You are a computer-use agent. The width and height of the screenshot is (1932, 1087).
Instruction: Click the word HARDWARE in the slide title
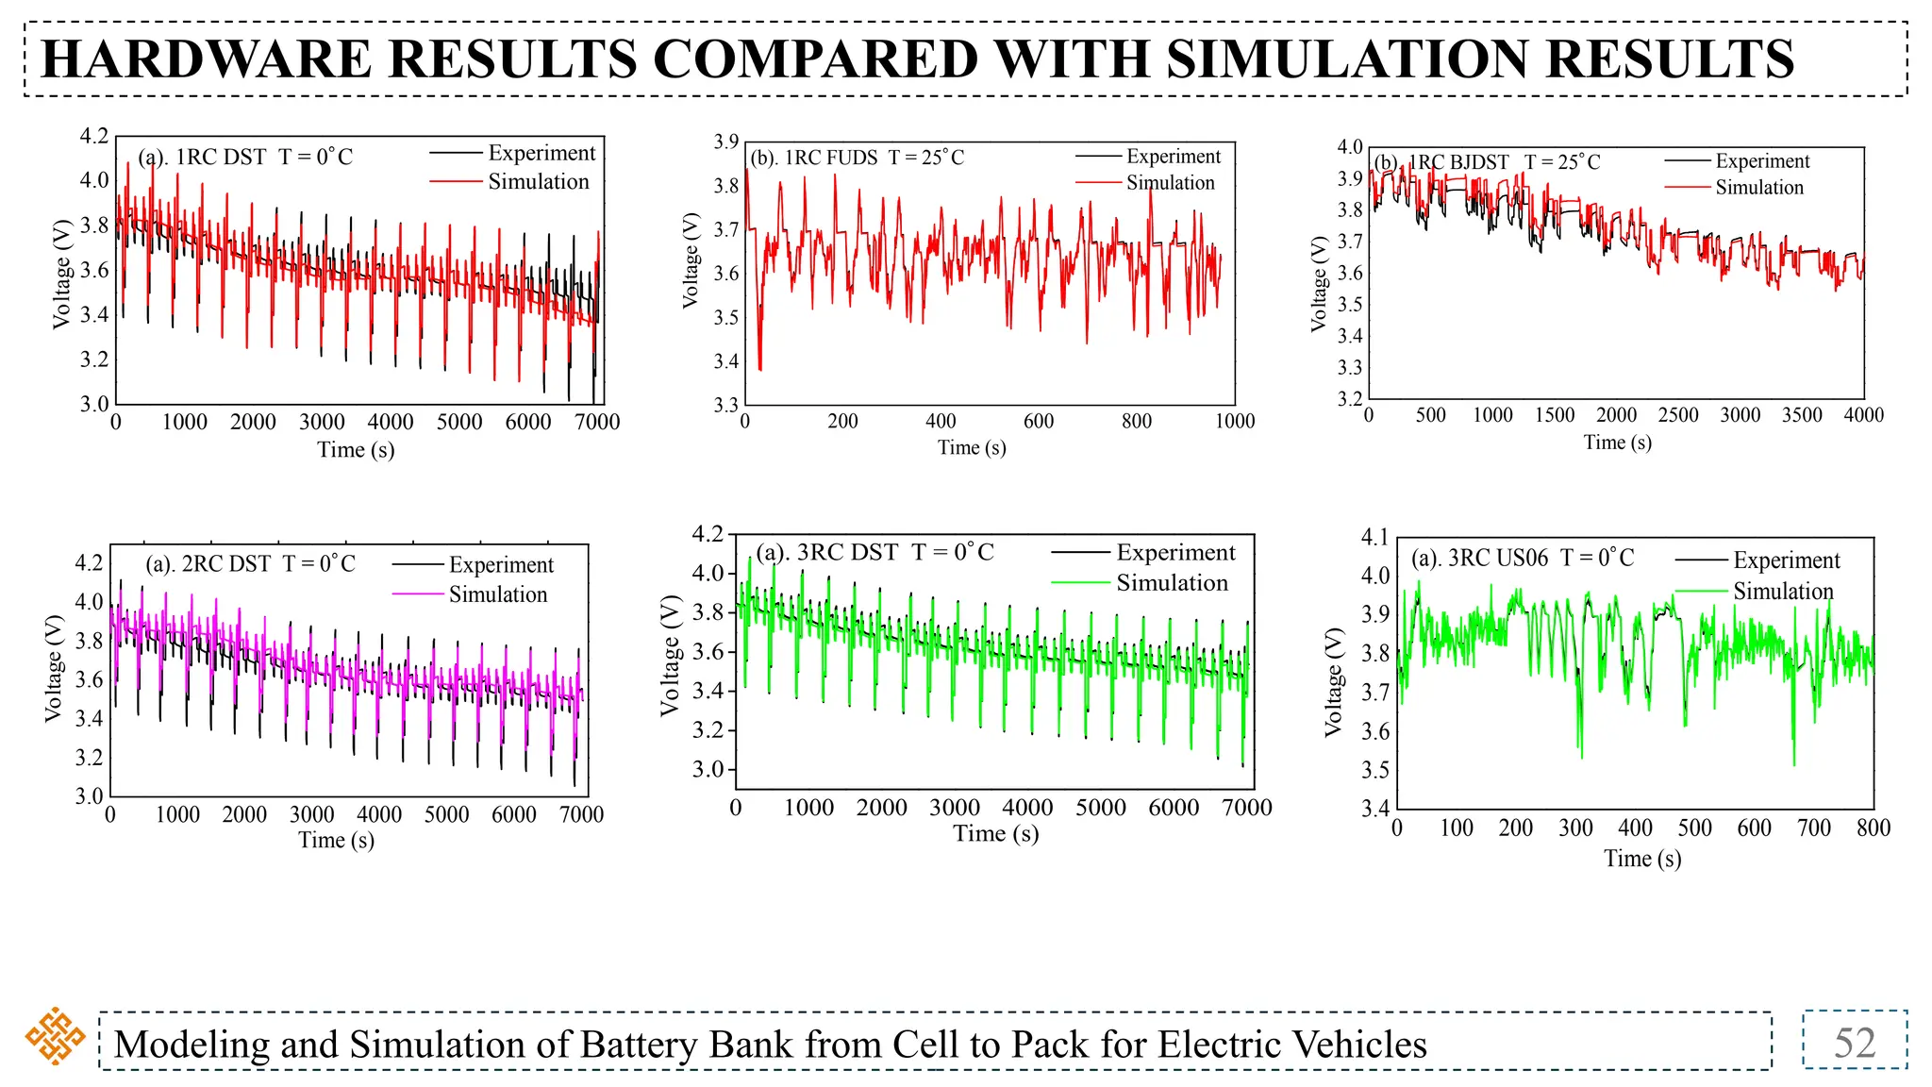(207, 59)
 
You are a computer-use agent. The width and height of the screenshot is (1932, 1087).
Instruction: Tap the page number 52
(1854, 1043)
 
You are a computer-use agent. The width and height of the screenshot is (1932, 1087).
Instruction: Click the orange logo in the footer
(55, 1036)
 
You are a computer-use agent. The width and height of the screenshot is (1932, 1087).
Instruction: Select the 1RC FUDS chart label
(857, 158)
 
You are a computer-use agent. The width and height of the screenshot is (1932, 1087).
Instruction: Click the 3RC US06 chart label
(1522, 558)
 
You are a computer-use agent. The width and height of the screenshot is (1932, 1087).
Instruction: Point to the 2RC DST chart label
(250, 564)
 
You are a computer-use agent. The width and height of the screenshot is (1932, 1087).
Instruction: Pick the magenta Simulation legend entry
(497, 594)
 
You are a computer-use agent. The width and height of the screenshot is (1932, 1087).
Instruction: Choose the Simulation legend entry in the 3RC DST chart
(1172, 583)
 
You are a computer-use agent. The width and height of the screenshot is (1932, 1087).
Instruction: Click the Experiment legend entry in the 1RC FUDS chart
(1173, 157)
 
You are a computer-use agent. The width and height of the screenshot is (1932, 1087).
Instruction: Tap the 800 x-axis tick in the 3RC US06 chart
(1873, 828)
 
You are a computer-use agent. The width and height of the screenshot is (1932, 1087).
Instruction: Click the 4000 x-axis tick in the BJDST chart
(1863, 415)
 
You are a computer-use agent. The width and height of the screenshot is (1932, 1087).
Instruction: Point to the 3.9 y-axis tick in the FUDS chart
(725, 142)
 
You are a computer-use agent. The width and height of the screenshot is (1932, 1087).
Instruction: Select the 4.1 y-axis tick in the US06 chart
(1375, 537)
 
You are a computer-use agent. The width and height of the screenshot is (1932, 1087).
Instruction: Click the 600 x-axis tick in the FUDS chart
(1038, 422)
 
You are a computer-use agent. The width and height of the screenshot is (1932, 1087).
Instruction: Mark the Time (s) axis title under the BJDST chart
(1617, 443)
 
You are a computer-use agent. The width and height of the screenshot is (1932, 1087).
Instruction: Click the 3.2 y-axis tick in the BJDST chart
(1350, 399)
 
